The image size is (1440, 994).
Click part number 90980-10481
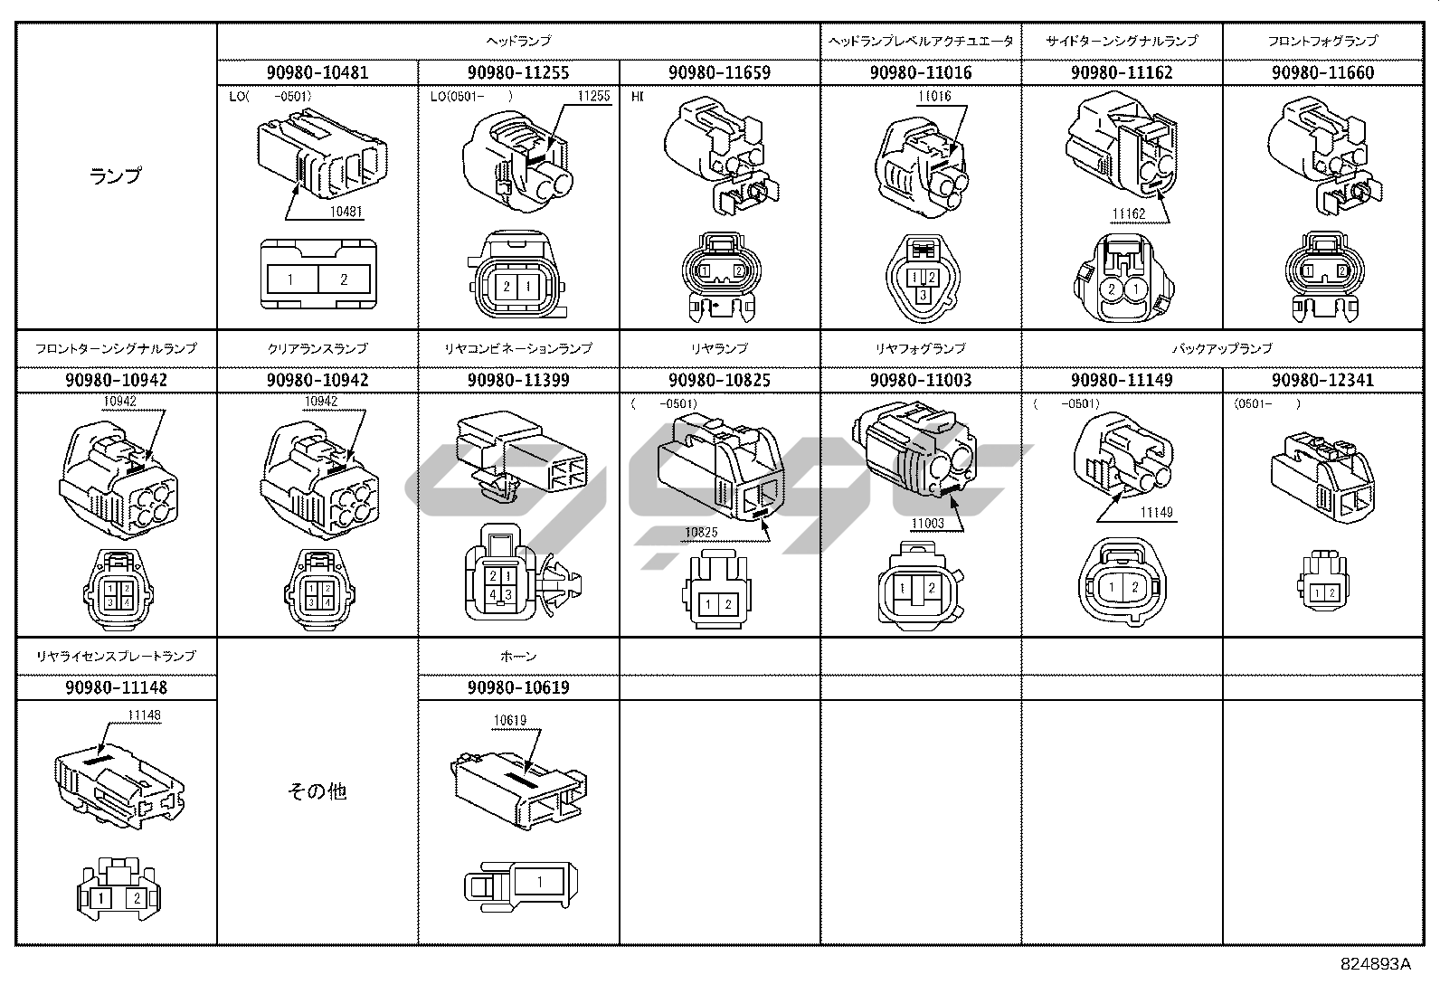(317, 72)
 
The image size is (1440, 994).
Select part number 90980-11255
(518, 72)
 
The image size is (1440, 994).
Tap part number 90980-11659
(719, 72)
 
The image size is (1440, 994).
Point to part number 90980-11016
(920, 72)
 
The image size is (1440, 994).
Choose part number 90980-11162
(1122, 72)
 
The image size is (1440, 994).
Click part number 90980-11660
(1322, 72)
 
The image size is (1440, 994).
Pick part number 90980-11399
(518, 380)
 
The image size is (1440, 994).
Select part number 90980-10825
(719, 380)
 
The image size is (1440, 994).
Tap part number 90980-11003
(920, 380)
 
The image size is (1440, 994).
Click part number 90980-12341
(1322, 380)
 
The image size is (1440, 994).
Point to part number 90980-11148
(116, 687)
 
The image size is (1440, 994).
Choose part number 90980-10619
(518, 687)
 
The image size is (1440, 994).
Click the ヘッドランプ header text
(518, 41)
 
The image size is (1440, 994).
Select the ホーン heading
(518, 656)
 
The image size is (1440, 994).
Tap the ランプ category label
(116, 175)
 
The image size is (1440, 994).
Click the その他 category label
(317, 791)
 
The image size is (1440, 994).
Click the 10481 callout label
(346, 213)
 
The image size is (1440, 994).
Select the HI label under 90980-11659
(637, 95)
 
